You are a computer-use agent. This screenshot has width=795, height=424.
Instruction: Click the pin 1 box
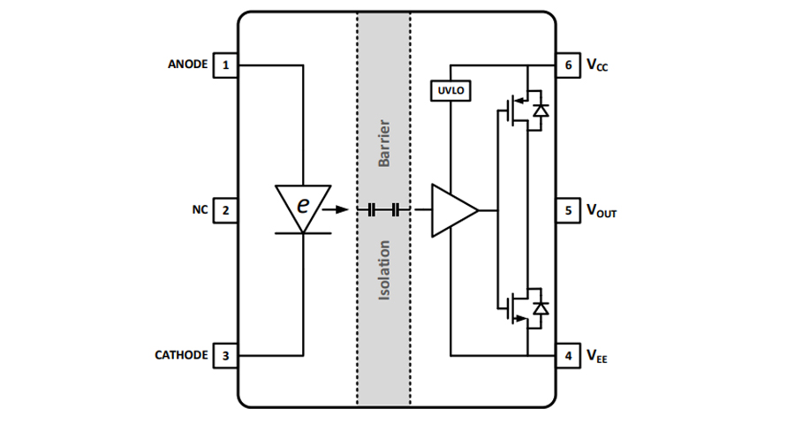(x=226, y=64)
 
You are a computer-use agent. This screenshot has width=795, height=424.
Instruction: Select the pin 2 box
(x=226, y=210)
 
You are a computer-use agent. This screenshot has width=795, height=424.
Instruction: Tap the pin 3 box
(x=226, y=356)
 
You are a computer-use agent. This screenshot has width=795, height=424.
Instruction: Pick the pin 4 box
(x=567, y=356)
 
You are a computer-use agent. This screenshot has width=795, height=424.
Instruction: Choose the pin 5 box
(x=567, y=210)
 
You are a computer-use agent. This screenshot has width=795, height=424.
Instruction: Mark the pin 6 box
(x=567, y=64)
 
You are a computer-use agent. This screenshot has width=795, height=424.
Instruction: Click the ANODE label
(x=187, y=64)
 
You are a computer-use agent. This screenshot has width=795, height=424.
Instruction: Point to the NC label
(x=200, y=210)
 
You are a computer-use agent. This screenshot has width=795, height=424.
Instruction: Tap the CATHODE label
(x=182, y=356)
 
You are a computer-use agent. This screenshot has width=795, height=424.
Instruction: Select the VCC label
(x=598, y=65)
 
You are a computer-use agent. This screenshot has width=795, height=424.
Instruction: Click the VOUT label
(x=602, y=211)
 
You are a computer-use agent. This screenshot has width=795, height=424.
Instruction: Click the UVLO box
(x=450, y=90)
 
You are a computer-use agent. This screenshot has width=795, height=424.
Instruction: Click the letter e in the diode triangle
(x=303, y=205)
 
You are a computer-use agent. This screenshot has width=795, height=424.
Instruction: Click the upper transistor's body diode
(x=540, y=110)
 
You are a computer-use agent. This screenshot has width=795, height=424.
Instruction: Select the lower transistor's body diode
(x=540, y=308)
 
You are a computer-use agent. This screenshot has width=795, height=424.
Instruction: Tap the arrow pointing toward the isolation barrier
(x=335, y=210)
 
